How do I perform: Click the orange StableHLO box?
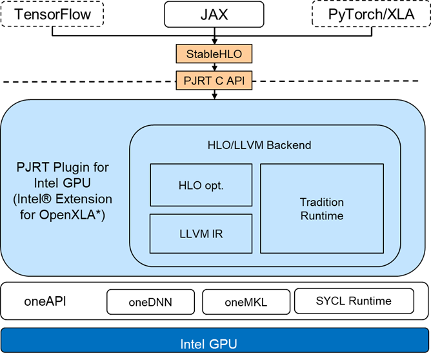pyautogui.click(x=214, y=54)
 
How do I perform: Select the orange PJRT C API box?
pyautogui.click(x=214, y=81)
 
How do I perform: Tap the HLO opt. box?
pyautogui.click(x=201, y=185)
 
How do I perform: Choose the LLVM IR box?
pyautogui.click(x=201, y=234)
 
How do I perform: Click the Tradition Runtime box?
pyautogui.click(x=321, y=208)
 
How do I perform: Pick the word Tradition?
pyautogui.click(x=322, y=202)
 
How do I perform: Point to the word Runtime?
pyautogui.click(x=322, y=215)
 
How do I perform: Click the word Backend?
pyautogui.click(x=289, y=145)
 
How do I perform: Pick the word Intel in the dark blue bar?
pyautogui.click(x=195, y=344)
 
